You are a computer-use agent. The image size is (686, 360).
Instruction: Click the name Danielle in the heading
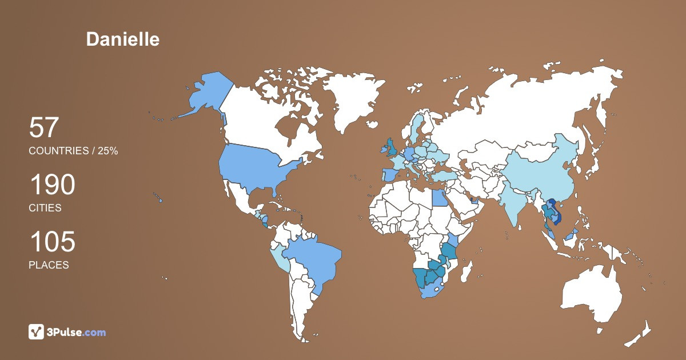[x=123, y=39]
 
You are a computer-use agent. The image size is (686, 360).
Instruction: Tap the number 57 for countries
[x=44, y=127]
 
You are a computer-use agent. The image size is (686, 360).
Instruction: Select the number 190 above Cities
[x=52, y=185]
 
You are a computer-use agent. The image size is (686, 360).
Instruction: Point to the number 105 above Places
[x=52, y=242]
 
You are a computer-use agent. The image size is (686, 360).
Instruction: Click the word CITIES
[x=45, y=208]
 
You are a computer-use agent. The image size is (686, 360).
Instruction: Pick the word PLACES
[x=49, y=265]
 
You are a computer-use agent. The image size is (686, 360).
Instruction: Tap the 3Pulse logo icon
[x=37, y=332]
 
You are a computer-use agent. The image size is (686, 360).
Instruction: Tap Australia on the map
[x=592, y=291]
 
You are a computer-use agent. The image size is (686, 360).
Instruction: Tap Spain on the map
[x=389, y=175]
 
